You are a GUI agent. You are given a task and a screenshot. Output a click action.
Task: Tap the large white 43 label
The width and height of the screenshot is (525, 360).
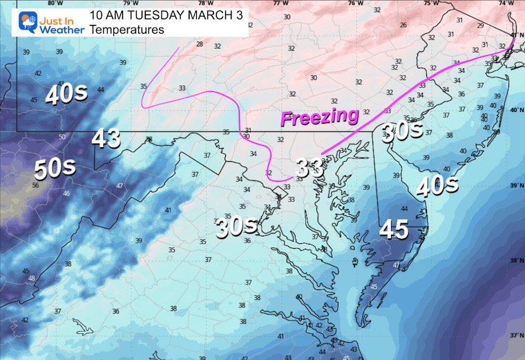point(106,139)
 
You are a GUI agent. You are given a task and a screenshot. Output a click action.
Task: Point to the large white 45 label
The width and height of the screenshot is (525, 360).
point(394,229)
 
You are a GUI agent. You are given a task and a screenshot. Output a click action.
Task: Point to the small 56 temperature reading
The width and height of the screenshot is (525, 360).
point(35,185)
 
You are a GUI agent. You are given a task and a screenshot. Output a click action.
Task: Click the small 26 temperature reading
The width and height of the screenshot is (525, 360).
point(403,25)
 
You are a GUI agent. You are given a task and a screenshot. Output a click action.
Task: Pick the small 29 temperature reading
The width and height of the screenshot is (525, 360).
point(480,26)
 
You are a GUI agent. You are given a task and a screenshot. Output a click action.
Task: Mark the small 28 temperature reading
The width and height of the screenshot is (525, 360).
point(200,44)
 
